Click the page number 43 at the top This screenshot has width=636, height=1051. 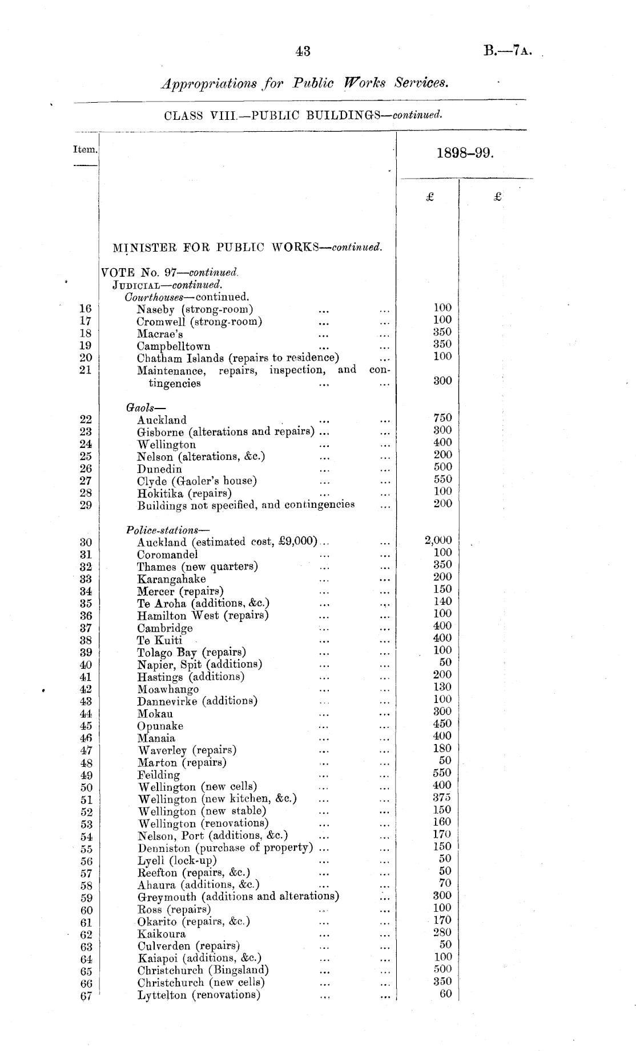tap(303, 51)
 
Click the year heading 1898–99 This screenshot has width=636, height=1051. tap(464, 153)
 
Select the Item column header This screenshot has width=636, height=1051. tap(85, 149)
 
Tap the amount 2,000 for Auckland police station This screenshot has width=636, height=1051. tap(438, 540)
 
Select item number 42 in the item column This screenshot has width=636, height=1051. tap(86, 689)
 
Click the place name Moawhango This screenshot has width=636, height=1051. tap(168, 689)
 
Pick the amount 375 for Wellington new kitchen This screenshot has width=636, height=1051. tap(442, 798)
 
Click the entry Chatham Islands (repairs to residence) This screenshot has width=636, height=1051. tap(238, 358)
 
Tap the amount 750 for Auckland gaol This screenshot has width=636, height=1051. tap(442, 418)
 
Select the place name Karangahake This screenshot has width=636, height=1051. tap(171, 579)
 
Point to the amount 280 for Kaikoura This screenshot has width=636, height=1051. tap(442, 932)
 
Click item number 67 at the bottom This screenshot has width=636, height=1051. tap(86, 996)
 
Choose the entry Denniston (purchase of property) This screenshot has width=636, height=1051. tap(226, 848)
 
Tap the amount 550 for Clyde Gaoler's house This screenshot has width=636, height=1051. tap(442, 479)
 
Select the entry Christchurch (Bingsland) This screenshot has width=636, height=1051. tap(203, 970)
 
